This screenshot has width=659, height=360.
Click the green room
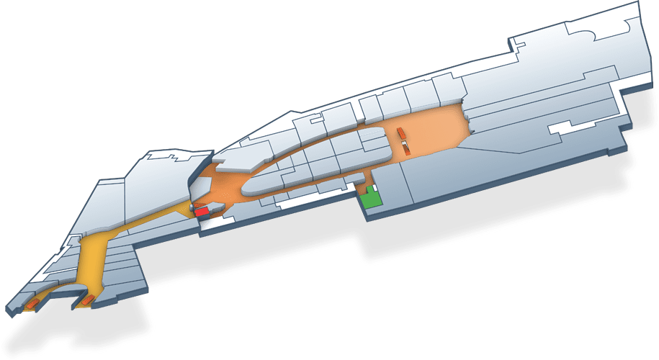[371, 199]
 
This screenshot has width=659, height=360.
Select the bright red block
[202, 211]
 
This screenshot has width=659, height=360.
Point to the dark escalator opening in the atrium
[408, 148]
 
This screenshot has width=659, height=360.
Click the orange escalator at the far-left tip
[31, 305]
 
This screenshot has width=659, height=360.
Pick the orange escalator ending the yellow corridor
[87, 299]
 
